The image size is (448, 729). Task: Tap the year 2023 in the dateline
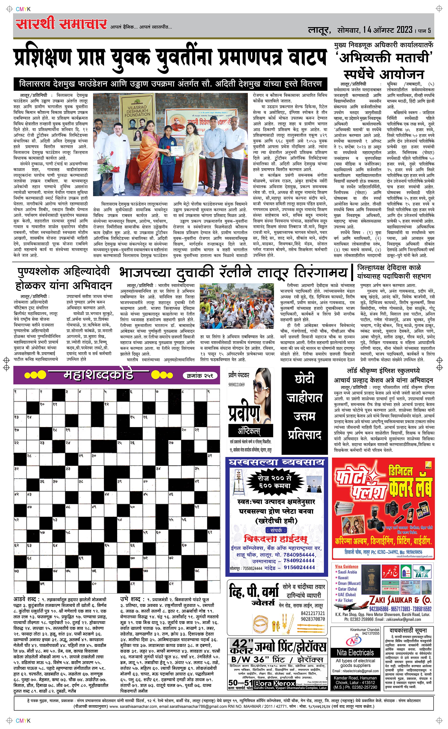[x=404, y=30]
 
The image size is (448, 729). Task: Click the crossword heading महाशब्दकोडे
[x=98, y=375]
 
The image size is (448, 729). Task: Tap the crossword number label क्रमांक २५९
[x=200, y=375]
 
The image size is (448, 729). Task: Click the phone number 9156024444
[x=299, y=567]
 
